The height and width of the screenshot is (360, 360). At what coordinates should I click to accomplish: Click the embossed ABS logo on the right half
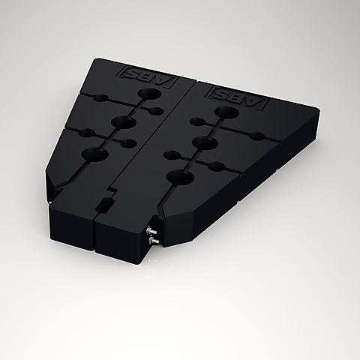236,96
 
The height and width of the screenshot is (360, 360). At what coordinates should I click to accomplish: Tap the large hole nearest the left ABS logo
149,94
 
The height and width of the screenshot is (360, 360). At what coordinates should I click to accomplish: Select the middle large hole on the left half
124,122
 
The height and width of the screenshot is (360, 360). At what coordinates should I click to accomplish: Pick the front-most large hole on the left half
94,154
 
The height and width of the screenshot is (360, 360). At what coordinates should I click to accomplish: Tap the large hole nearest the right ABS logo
226,112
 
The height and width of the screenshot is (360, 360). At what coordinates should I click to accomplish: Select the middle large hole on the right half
205,143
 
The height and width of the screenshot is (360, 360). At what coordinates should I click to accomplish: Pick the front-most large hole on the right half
181,177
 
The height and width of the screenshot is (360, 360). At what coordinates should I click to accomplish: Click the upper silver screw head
150,229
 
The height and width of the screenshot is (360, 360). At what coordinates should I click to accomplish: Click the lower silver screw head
153,240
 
